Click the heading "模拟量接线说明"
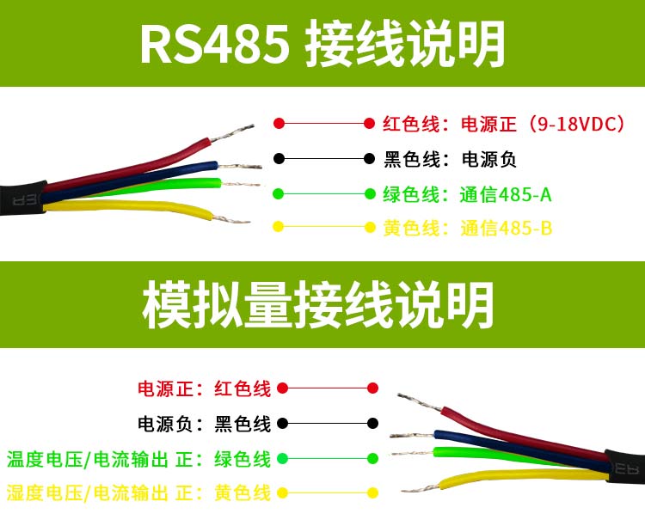(317, 304)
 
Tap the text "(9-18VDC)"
(576, 124)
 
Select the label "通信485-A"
(506, 194)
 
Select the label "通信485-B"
(506, 229)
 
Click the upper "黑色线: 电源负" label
(450, 159)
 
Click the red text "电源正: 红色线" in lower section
(204, 388)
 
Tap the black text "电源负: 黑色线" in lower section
(204, 424)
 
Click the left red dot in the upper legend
(279, 123)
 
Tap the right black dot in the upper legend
(370, 158)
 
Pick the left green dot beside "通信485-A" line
(279, 193)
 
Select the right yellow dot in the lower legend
(372, 492)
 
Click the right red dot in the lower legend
(372, 388)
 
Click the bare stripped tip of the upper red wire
(232, 133)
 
